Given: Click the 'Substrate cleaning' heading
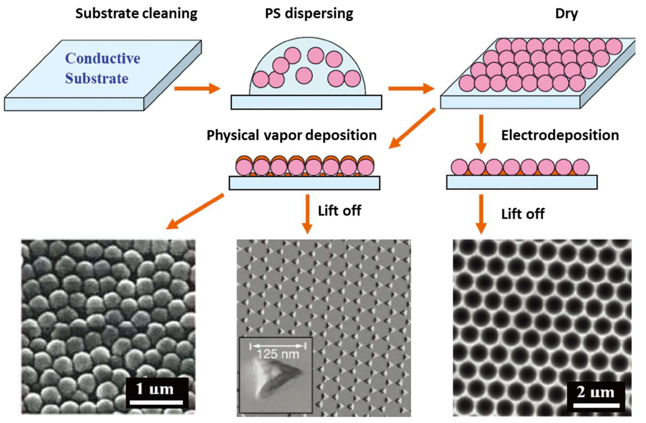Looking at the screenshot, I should click(136, 14).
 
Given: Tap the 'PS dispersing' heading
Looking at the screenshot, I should click(309, 14).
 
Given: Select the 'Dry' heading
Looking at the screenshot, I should click(567, 14).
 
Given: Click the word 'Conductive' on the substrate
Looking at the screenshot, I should click(103, 58).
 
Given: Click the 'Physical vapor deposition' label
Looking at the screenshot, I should click(292, 135).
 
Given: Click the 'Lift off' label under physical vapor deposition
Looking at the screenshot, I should click(339, 211).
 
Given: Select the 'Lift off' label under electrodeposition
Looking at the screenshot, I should click(522, 214).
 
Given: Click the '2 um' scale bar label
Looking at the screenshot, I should click(595, 392).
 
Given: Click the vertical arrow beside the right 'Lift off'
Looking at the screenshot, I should click(481, 214).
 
